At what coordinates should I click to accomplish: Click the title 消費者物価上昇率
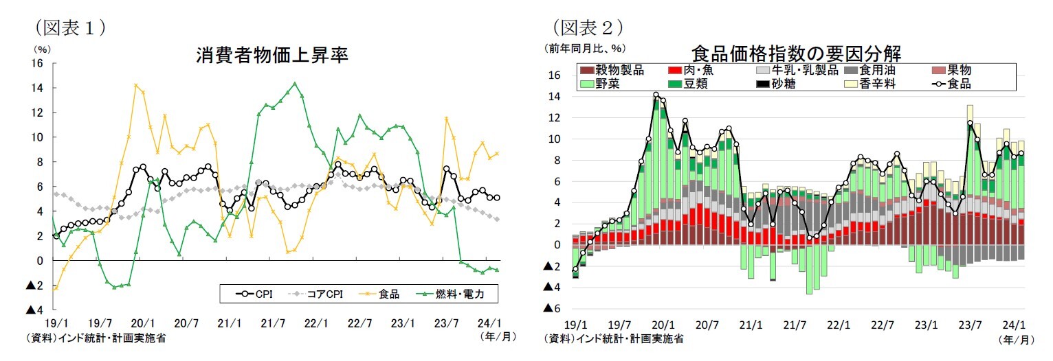coord(272,56)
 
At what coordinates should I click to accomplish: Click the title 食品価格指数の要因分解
coord(796,54)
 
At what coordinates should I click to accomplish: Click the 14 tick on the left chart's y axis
coord(38,88)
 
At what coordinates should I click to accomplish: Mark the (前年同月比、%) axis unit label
coord(584,48)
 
